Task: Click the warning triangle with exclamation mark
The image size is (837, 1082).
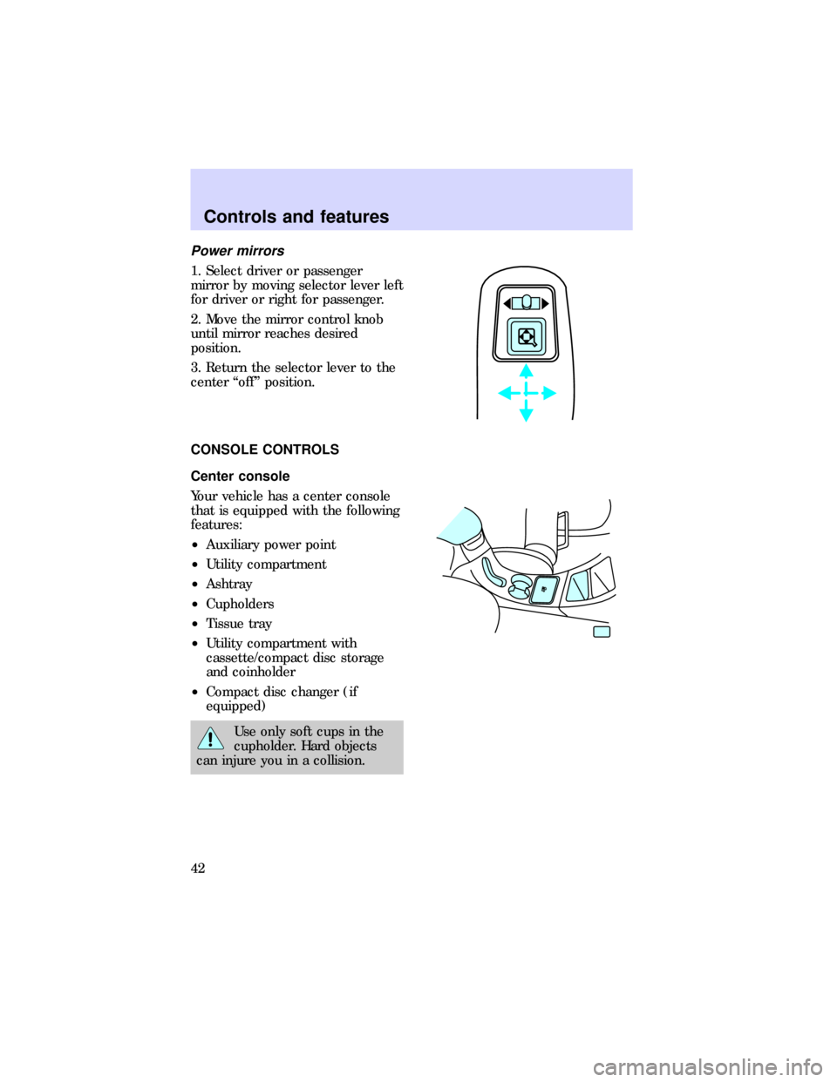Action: click(209, 739)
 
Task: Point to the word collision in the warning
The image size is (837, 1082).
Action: click(335, 761)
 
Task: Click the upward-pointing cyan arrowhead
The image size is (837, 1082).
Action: click(526, 370)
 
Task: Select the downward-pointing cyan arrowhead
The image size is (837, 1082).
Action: click(526, 415)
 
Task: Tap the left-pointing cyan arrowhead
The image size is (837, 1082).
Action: click(504, 393)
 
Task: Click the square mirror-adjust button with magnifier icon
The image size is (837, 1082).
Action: click(527, 336)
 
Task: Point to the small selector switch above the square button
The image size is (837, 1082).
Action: click(526, 303)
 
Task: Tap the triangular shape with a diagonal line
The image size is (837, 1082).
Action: click(578, 585)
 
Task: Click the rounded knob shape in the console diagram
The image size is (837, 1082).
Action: click(521, 588)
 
